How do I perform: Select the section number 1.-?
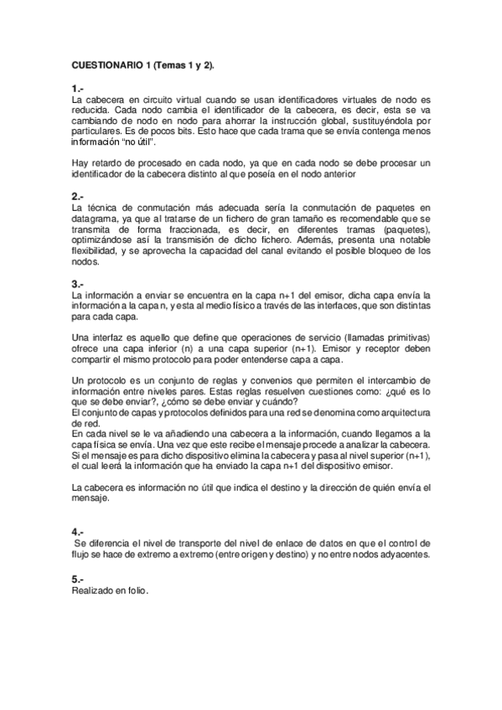[x=78, y=88]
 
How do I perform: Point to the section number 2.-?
[x=78, y=197]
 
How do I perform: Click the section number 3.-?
[x=78, y=284]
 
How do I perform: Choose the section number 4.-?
[x=78, y=532]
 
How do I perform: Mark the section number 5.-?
[x=78, y=579]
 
